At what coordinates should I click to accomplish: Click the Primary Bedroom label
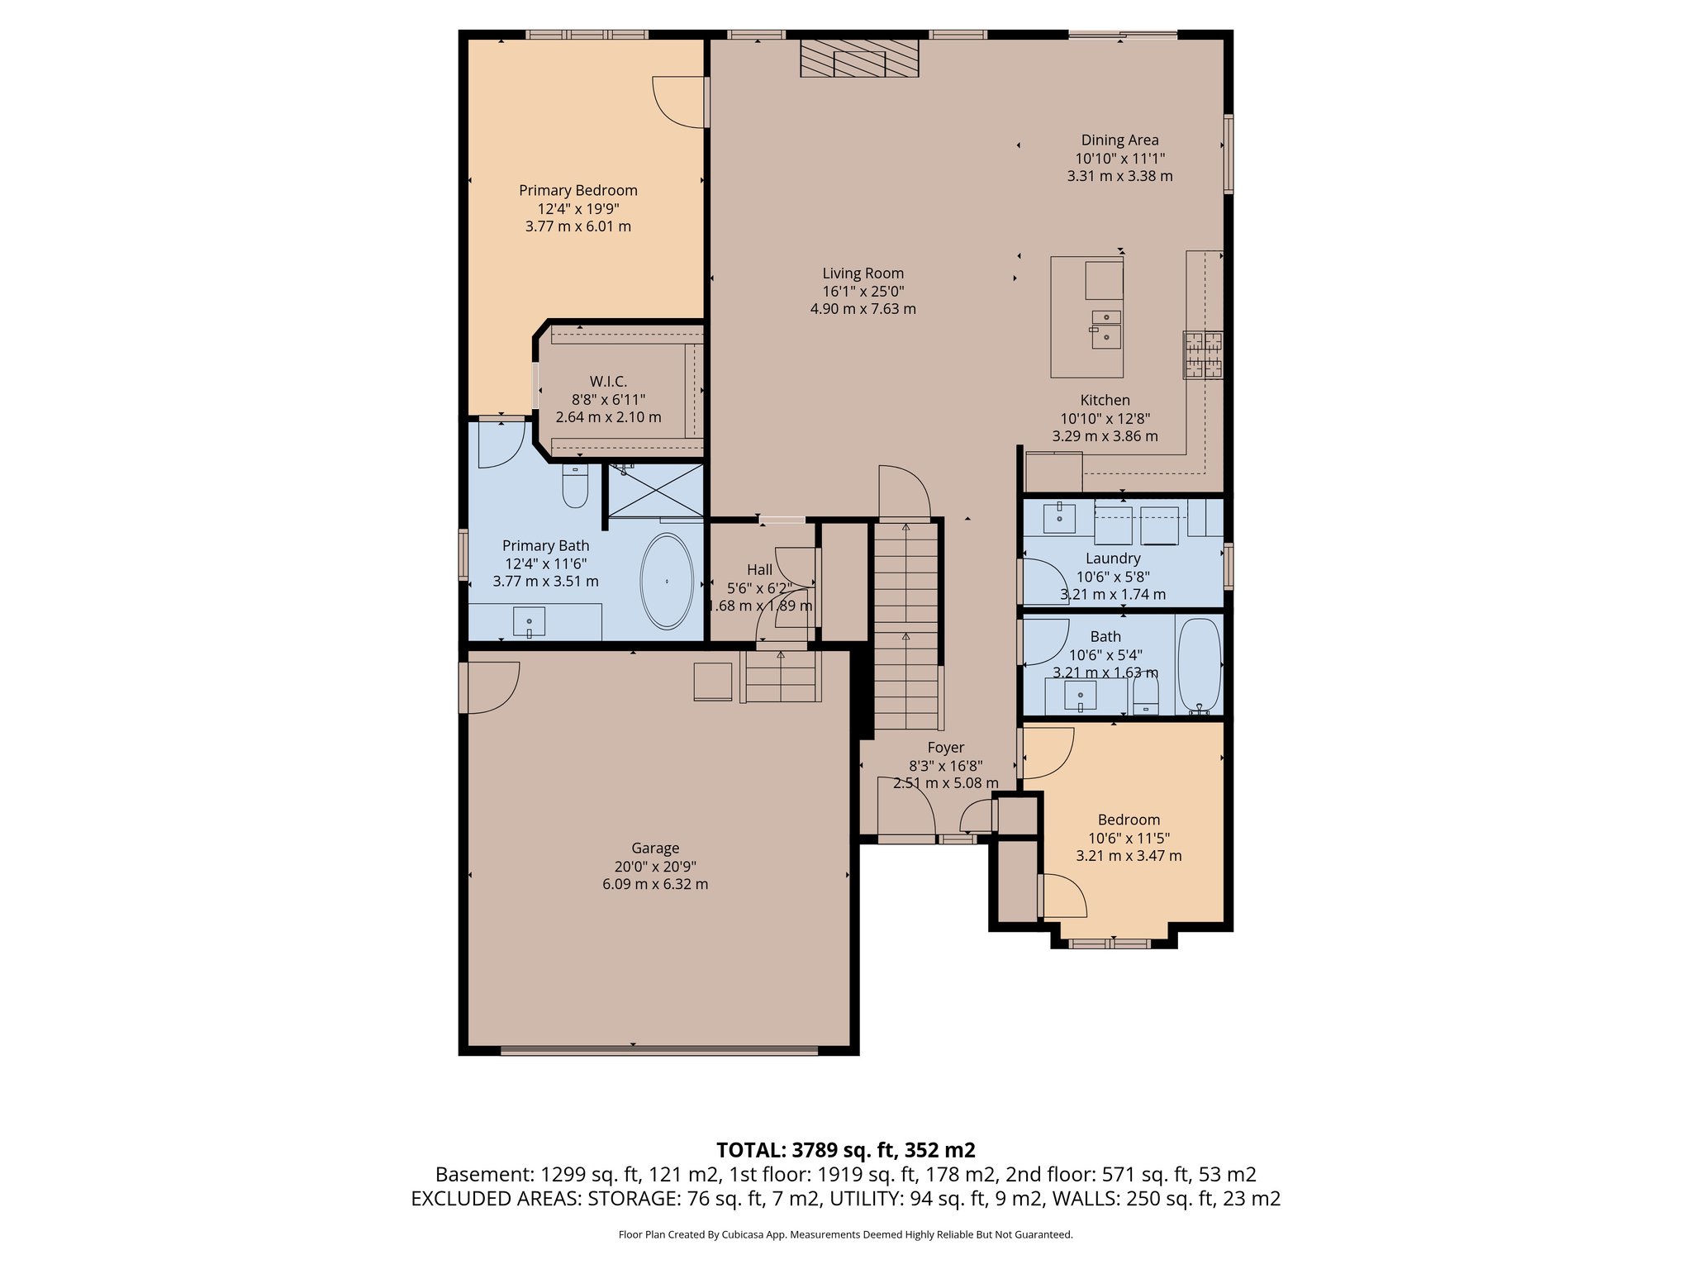577,190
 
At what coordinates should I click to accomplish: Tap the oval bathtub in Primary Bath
668,581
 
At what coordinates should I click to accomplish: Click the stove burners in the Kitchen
1203,355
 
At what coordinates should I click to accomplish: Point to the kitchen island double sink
1105,329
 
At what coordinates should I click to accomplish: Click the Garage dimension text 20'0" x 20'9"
654,867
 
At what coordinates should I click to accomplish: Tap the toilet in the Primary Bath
574,487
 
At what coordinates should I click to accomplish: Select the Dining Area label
1119,140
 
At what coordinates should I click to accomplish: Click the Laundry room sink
1059,518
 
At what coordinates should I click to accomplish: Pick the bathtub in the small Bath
1198,666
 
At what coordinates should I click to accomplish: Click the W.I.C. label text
608,382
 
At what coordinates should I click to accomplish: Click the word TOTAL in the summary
749,1150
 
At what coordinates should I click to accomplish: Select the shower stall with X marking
656,491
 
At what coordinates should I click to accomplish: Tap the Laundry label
1113,558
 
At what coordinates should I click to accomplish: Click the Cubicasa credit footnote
845,1235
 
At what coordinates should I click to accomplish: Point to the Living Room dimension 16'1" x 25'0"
863,292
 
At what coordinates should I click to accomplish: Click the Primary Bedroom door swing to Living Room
679,102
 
